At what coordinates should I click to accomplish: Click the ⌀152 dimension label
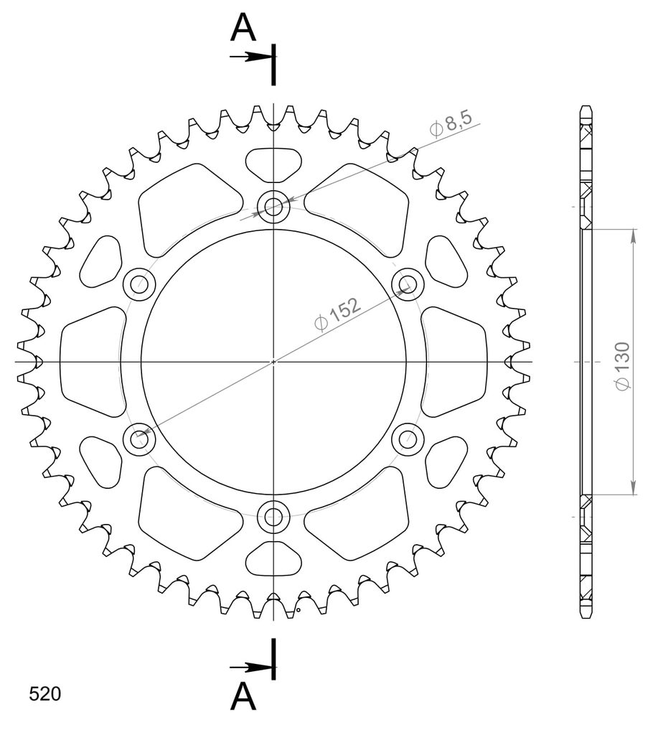click(x=338, y=314)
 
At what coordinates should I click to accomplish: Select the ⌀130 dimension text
click(x=623, y=365)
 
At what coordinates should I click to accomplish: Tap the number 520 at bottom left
click(x=45, y=694)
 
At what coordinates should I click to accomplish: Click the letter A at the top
click(x=243, y=27)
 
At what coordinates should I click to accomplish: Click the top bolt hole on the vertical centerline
click(x=273, y=206)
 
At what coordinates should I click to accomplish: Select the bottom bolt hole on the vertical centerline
click(x=273, y=518)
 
